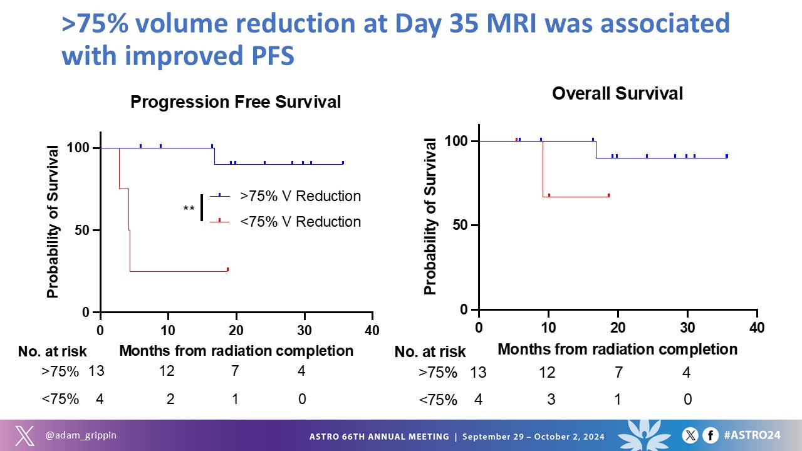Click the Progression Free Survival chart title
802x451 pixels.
tap(236, 102)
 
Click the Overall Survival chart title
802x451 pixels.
tap(617, 94)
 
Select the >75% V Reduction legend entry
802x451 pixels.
tap(300, 196)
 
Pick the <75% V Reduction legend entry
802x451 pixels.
tap(300, 222)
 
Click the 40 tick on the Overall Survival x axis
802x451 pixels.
tap(757, 328)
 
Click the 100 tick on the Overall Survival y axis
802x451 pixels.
tap(460, 141)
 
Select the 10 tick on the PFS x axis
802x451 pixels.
tap(168, 330)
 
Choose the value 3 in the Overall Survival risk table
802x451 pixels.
tap(551, 399)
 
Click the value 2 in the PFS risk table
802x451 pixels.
tap(170, 398)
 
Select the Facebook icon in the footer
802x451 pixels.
tap(710, 435)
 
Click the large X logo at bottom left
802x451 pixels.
tap(24, 435)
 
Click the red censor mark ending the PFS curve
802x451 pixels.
tap(227, 269)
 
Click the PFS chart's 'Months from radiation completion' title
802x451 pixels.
tap(236, 351)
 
